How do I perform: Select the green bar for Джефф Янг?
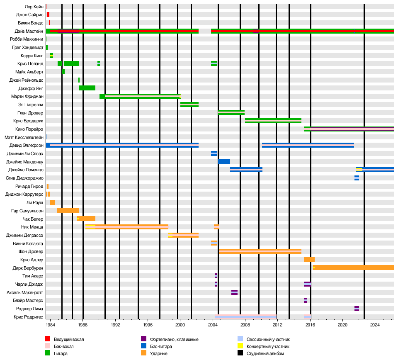click(87, 88)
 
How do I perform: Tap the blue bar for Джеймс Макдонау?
click(224, 162)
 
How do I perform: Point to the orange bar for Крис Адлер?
click(309, 260)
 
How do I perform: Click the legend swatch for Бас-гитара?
click(144, 346)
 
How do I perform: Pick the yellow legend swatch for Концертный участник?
click(240, 346)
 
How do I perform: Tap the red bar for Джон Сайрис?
click(48, 15)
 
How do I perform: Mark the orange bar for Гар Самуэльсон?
click(68, 211)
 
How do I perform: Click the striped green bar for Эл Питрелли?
click(189, 105)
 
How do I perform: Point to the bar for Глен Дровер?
click(231, 112)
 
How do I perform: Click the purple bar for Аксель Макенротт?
click(234, 292)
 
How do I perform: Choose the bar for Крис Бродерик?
click(273, 121)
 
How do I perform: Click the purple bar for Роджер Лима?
click(357, 309)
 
